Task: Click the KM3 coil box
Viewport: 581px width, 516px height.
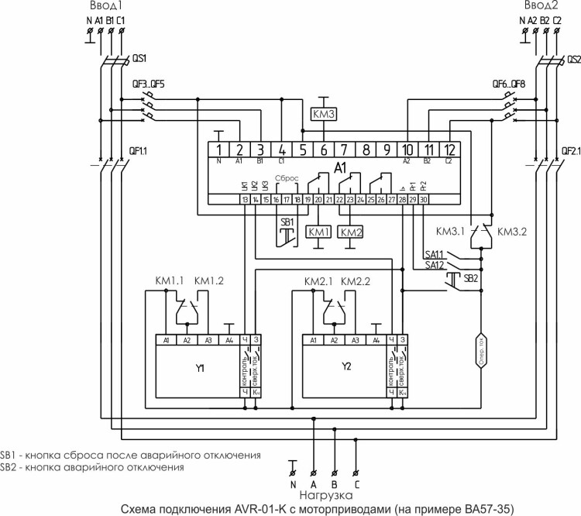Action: click(323, 115)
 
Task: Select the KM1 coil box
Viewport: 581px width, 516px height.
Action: click(318, 232)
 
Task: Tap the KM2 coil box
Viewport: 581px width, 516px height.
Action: click(351, 232)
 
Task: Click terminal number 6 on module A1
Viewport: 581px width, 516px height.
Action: click(323, 149)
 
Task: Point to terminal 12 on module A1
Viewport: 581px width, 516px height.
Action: click(449, 149)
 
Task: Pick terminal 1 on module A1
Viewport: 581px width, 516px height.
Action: click(219, 149)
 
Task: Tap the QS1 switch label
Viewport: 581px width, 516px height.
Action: click(140, 58)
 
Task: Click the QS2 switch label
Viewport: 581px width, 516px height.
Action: click(573, 58)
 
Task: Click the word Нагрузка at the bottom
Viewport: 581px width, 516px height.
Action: click(325, 495)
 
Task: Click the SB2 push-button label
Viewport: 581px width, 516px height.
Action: click(471, 277)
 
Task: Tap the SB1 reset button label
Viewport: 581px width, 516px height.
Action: click(287, 222)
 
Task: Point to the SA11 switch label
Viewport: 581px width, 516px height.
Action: click(434, 253)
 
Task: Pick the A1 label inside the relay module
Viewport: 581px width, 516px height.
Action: click(339, 167)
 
